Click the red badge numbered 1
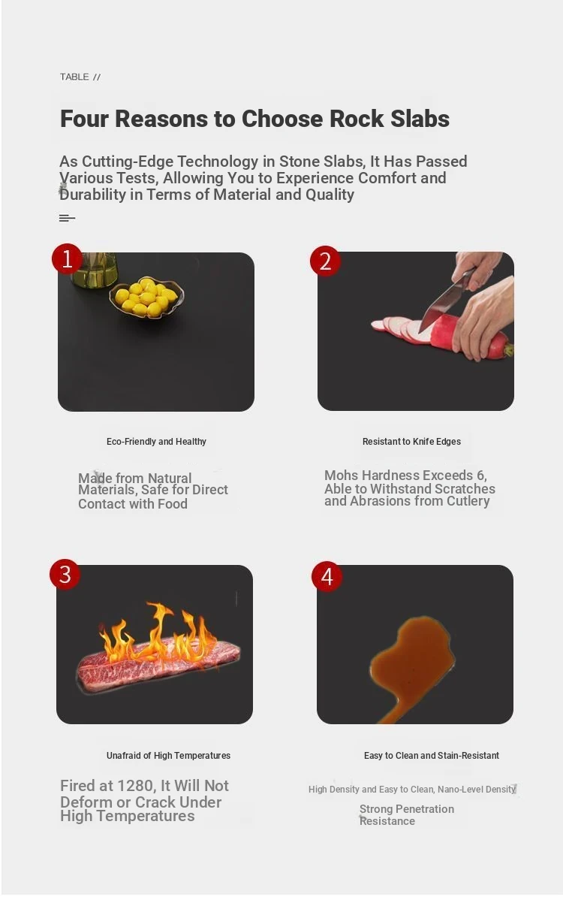pos(67,259)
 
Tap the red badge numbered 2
pos(325,261)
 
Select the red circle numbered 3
pos(65,575)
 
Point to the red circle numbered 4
pos(327,577)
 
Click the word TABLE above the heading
pos(74,77)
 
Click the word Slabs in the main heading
pos(420,119)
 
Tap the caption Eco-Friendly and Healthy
pos(156,442)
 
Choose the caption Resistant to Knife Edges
pos(411,442)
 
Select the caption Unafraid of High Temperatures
pos(168,756)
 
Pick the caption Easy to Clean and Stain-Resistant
pos(432,756)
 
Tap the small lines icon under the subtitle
pos(67,218)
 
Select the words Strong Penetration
pos(407,809)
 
